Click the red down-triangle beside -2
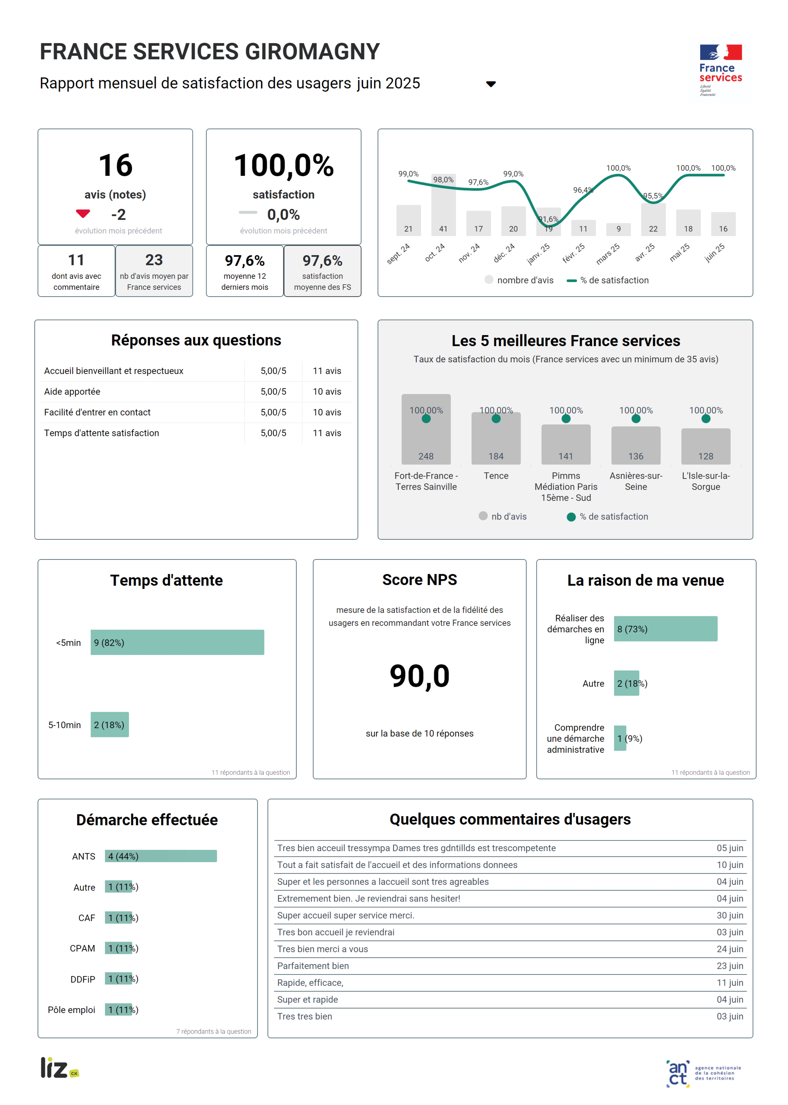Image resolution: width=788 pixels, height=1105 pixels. [83, 213]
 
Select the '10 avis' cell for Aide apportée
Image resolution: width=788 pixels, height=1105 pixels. [327, 392]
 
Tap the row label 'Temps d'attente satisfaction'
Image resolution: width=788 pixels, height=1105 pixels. [101, 433]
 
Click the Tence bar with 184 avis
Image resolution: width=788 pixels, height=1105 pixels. [496, 439]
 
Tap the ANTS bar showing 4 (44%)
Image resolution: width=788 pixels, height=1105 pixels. [161, 856]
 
